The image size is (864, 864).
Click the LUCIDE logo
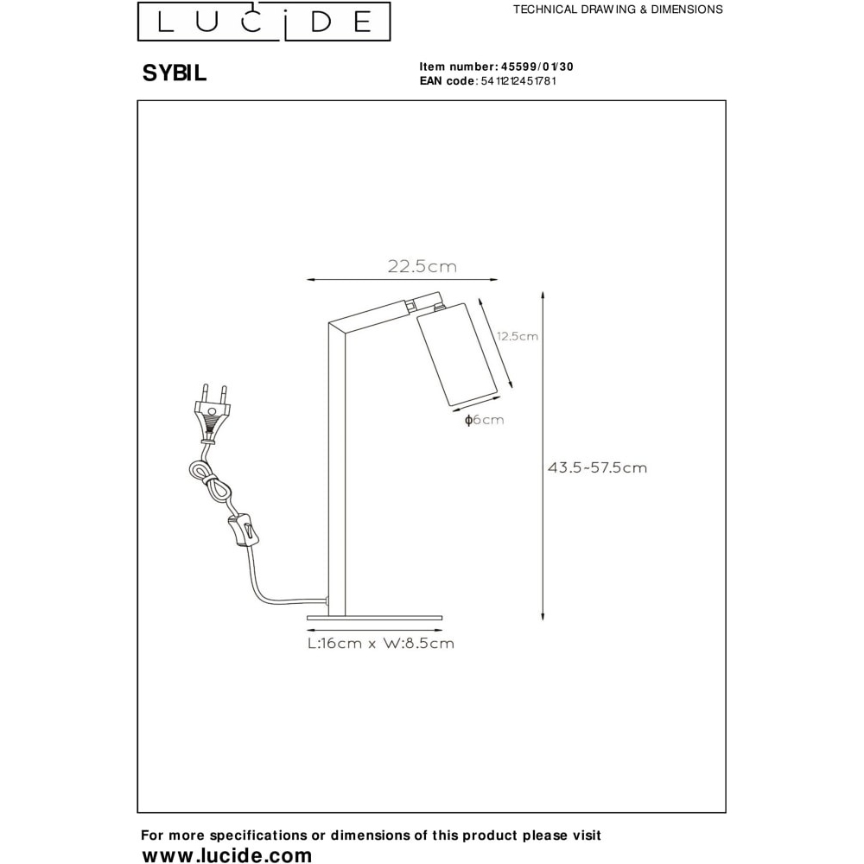[x=264, y=22]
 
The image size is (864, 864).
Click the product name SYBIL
[x=175, y=73]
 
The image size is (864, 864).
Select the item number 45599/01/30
[x=537, y=67]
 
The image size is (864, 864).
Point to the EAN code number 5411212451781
[x=518, y=81]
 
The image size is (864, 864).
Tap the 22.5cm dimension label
[x=422, y=267]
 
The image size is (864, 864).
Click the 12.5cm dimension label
[x=518, y=336]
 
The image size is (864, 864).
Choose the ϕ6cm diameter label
[x=485, y=420]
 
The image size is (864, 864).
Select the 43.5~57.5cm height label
[x=597, y=467]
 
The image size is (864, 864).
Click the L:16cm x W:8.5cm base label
[x=381, y=643]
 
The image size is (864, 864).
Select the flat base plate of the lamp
[x=375, y=618]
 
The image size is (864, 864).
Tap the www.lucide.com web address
[x=227, y=854]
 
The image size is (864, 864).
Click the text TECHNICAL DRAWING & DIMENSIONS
[x=618, y=10]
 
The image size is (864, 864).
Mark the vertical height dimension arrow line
[x=543, y=455]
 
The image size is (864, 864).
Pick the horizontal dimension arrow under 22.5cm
[x=403, y=280]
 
